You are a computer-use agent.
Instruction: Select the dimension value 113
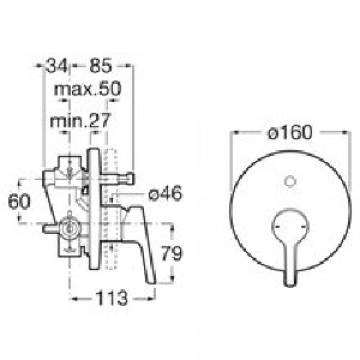pyautogui.click(x=112, y=296)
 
